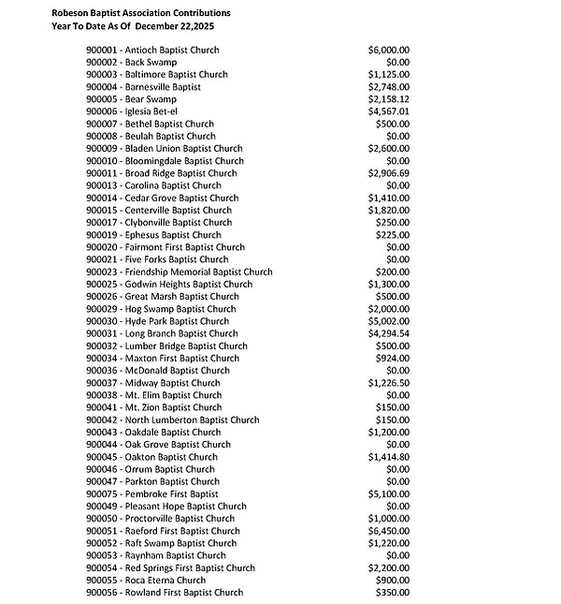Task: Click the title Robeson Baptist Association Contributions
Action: tap(141, 13)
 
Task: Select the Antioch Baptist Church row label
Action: tap(153, 50)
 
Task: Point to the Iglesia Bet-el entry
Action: tap(137, 111)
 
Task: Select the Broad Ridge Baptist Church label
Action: tap(161, 173)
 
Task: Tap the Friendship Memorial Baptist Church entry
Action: tap(179, 272)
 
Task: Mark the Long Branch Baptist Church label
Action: tap(162, 333)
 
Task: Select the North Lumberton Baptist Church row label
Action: tap(172, 420)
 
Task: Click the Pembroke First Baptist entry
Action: tap(151, 494)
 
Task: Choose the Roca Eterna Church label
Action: tap(145, 580)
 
